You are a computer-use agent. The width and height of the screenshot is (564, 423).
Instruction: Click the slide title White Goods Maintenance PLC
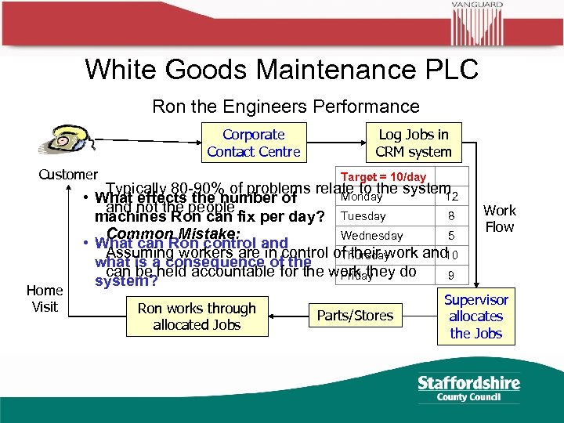(281, 69)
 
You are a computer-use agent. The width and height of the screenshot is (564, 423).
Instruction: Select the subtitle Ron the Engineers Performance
(285, 106)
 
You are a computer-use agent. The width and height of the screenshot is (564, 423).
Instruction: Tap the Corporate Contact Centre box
(253, 143)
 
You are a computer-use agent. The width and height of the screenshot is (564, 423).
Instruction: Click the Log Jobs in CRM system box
(414, 143)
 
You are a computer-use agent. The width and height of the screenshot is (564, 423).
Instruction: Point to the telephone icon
(60, 140)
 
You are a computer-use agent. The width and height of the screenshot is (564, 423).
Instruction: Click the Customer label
(68, 175)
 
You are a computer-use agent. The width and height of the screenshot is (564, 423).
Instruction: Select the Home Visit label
(45, 298)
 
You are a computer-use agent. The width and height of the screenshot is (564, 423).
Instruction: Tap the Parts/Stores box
(355, 316)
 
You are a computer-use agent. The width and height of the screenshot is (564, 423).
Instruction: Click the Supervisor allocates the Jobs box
(476, 316)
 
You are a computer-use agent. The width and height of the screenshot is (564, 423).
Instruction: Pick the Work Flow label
(499, 219)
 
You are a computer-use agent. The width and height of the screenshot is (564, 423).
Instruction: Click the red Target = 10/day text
(383, 176)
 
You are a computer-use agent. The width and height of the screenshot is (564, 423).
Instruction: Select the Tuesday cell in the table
(364, 216)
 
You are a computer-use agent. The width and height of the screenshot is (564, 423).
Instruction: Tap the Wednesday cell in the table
(372, 236)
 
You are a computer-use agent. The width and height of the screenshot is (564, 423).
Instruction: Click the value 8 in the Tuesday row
(451, 216)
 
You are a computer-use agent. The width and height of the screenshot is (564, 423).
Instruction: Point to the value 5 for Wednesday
(451, 236)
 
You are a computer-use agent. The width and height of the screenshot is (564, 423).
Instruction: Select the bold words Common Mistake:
(174, 233)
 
